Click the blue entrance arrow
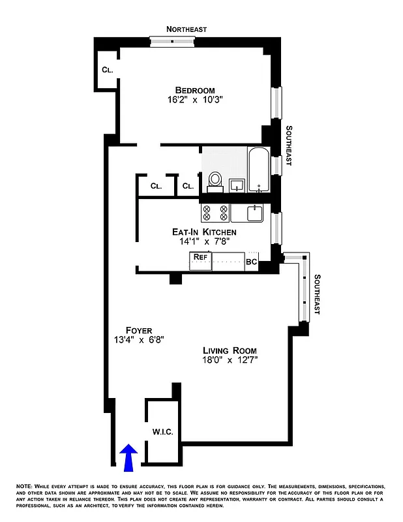pyautogui.click(x=129, y=457)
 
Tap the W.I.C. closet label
pyautogui.click(x=162, y=432)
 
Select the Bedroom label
pyautogui.click(x=194, y=90)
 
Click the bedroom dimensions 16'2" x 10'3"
pyautogui.click(x=194, y=100)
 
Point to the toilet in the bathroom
pyautogui.click(x=215, y=179)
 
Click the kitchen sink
pyautogui.click(x=254, y=213)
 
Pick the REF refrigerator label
pyautogui.click(x=200, y=258)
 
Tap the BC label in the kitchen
pyautogui.click(x=252, y=262)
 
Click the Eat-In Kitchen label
pyautogui.click(x=204, y=232)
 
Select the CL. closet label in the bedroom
pyautogui.click(x=106, y=70)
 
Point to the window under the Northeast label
pyautogui.click(x=173, y=41)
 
